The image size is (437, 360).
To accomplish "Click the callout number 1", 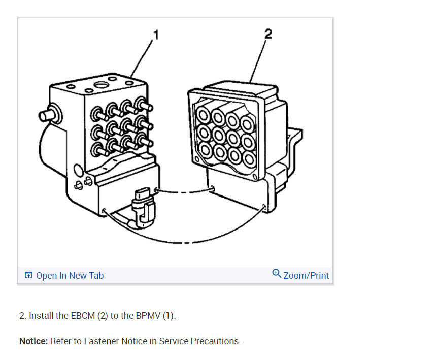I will click(x=156, y=35).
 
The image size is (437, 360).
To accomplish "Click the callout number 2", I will click(x=268, y=34).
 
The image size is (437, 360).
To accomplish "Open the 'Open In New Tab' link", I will click(x=70, y=276).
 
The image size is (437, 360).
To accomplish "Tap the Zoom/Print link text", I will click(x=306, y=276).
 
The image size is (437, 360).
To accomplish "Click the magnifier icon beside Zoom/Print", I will click(x=277, y=274).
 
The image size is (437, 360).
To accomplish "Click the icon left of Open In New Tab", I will click(x=28, y=276).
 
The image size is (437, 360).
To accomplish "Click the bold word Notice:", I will click(x=33, y=341).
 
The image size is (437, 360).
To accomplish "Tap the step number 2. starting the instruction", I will click(x=23, y=316).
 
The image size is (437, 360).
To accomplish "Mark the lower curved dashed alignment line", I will click(x=188, y=241).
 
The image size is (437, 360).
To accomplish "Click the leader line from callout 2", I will click(x=258, y=58).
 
